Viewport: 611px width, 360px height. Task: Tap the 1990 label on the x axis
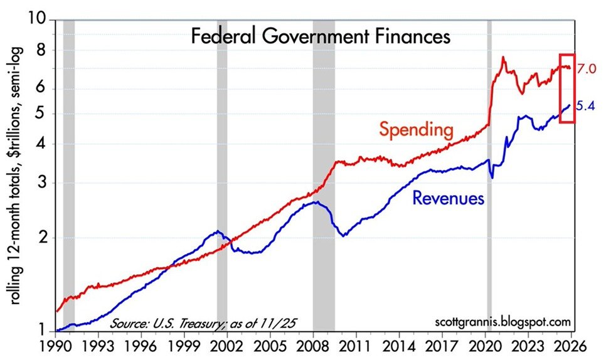coord(56,346)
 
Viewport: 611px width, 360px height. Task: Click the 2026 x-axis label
coord(572,346)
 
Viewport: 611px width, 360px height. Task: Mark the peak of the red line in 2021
coord(503,57)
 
